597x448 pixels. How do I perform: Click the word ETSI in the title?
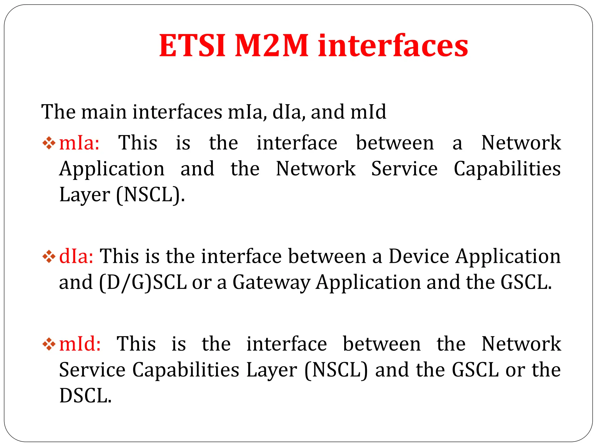pos(192,46)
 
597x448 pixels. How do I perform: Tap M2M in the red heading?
pos(271,46)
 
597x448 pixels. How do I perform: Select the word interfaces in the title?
pos(393,46)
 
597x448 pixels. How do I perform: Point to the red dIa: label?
pos(76,256)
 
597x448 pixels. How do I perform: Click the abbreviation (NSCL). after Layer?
pos(150,195)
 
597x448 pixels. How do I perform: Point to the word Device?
pos(419,256)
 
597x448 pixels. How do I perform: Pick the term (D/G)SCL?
pos(143,282)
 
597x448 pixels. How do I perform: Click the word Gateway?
pos(271,282)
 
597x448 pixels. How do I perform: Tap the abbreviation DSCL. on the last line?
pos(85,396)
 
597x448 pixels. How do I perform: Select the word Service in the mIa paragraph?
pos(404,169)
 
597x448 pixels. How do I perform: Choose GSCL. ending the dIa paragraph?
pos(526,282)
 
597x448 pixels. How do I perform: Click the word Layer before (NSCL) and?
pos(272,370)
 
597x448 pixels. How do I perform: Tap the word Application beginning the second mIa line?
pos(112,169)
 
